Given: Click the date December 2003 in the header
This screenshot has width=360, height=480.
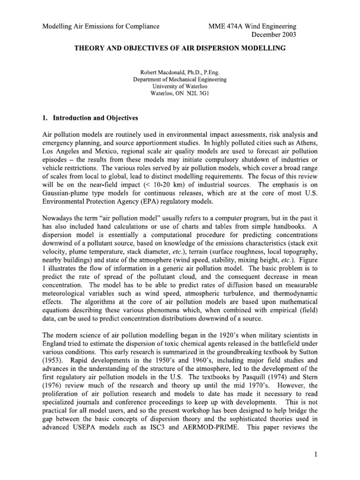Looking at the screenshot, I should click(x=274, y=34).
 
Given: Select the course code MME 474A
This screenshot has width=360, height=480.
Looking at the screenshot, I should click(x=227, y=25).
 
